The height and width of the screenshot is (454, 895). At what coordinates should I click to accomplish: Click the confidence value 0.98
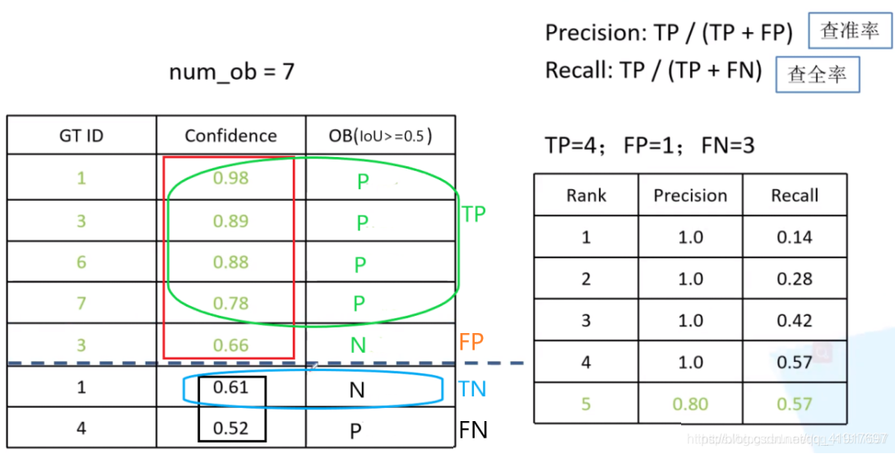pyautogui.click(x=230, y=178)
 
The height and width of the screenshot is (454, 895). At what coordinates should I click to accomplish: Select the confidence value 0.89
pyautogui.click(x=230, y=220)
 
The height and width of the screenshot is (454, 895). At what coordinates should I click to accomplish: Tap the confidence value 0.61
pyautogui.click(x=230, y=387)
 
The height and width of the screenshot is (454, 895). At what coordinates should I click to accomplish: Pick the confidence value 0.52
pyautogui.click(x=230, y=428)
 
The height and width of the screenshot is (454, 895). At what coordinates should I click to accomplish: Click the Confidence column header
pyautogui.click(x=230, y=136)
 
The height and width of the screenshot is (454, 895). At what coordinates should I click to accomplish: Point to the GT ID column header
pyautogui.click(x=81, y=136)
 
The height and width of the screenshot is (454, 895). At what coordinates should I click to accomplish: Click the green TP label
pyautogui.click(x=474, y=215)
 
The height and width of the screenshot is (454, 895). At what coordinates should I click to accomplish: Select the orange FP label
pyautogui.click(x=471, y=342)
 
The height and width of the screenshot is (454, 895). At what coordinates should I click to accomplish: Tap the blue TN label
pyautogui.click(x=473, y=388)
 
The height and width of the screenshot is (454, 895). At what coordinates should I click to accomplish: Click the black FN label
pyautogui.click(x=473, y=429)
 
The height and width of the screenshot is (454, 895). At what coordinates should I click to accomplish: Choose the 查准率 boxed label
pyautogui.click(x=850, y=31)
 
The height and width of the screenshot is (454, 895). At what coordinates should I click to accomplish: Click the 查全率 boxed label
pyautogui.click(x=817, y=75)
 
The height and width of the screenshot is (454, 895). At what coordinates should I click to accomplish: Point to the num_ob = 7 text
pyautogui.click(x=231, y=72)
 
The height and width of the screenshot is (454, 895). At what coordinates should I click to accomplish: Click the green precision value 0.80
pyautogui.click(x=690, y=404)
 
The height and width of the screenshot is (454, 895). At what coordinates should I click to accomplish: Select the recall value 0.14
pyautogui.click(x=794, y=238)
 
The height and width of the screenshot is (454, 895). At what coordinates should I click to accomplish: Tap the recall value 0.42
pyautogui.click(x=794, y=321)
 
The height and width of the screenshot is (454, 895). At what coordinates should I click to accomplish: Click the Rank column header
pyautogui.click(x=586, y=196)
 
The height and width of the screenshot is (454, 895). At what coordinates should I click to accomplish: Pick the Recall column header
pyautogui.click(x=794, y=196)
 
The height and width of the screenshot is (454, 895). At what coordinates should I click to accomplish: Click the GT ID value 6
pyautogui.click(x=81, y=262)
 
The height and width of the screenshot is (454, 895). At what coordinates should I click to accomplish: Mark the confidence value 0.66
pyautogui.click(x=230, y=345)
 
